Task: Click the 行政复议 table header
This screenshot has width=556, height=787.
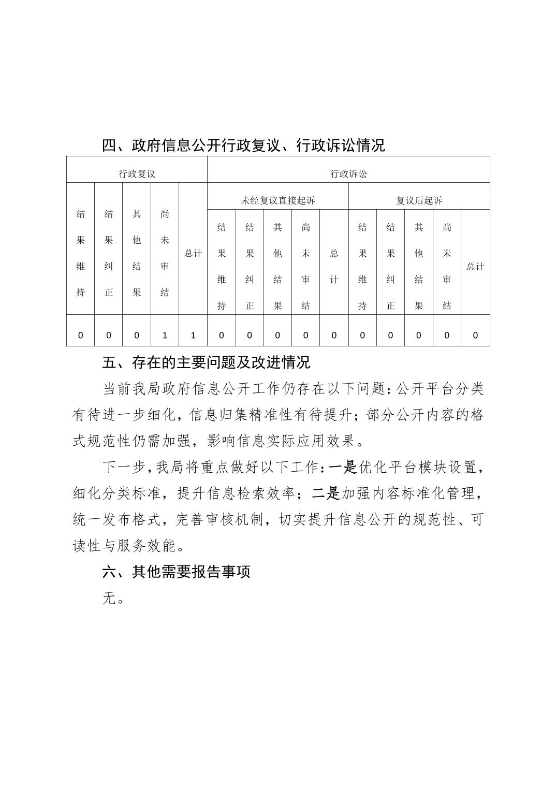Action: [137, 174]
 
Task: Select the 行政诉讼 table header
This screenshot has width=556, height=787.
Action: [348, 174]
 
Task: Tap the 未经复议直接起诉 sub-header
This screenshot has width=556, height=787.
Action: [277, 200]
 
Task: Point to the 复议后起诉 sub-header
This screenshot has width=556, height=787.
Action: [419, 200]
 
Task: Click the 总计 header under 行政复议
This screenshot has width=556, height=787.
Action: [193, 253]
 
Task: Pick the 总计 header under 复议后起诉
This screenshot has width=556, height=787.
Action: [475, 266]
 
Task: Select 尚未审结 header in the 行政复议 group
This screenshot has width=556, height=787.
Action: [165, 253]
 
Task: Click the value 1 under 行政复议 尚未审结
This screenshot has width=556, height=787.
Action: [165, 335]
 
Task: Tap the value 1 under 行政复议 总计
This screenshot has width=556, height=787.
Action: [193, 335]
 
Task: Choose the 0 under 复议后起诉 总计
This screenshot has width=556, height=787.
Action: [475, 335]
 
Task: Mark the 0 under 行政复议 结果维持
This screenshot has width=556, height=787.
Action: [80, 335]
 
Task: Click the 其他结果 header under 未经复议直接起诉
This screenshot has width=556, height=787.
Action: [277, 266]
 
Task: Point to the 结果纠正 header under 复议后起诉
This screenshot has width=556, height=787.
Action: [390, 266]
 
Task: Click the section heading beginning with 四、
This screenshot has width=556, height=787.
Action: [243, 145]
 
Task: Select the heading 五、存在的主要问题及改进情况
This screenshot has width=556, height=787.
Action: [206, 362]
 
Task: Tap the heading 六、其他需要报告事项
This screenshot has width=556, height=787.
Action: [177, 572]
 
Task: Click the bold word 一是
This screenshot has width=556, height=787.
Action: [343, 468]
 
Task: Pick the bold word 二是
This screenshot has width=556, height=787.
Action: [326, 494]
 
